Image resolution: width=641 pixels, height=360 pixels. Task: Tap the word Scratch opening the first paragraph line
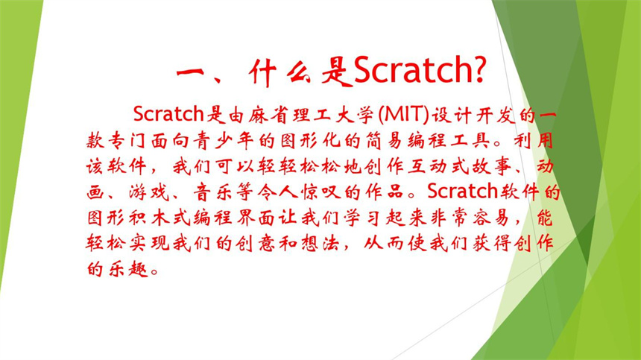coord(168,116)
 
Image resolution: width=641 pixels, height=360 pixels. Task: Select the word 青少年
coord(262,141)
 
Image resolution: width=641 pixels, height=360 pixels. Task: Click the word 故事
coord(470,166)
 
